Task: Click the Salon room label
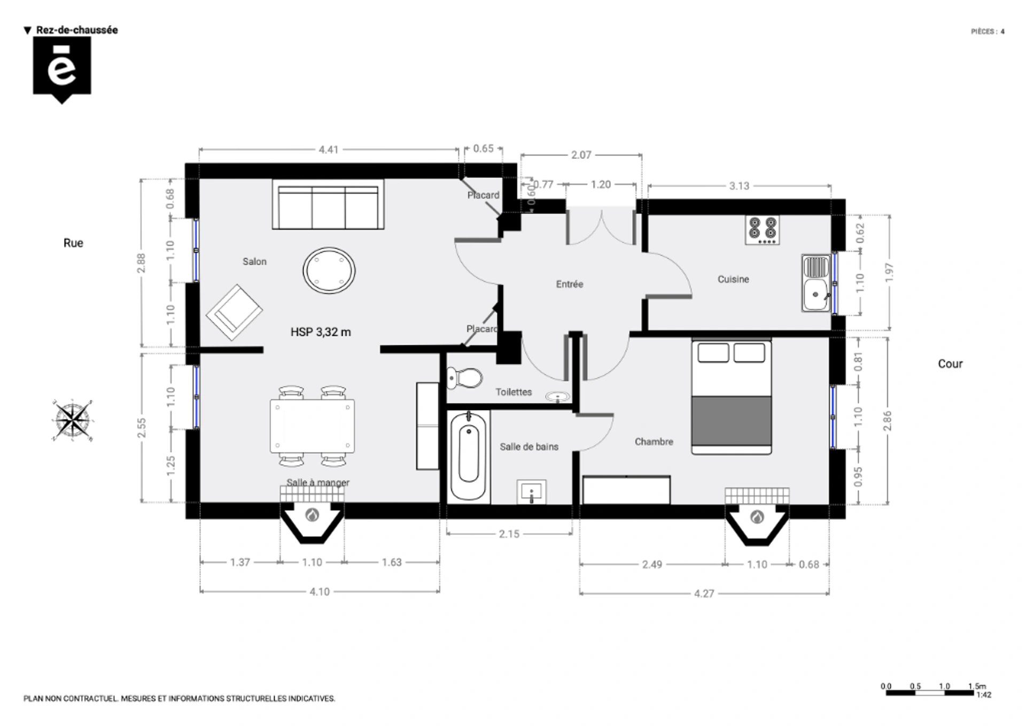tap(254, 261)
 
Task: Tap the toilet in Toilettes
tap(465, 378)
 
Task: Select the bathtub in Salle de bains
tap(468, 455)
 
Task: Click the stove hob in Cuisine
tap(762, 230)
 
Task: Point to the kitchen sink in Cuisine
tap(815, 283)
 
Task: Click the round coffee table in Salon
tap(329, 270)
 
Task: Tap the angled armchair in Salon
tap(234, 312)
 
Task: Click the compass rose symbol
tap(72, 420)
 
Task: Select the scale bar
tap(930, 693)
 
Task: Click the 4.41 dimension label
tap(329, 150)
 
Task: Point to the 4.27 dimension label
tap(704, 593)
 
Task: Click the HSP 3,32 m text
tap(321, 332)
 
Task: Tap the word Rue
tap(73, 243)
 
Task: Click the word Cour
tap(950, 364)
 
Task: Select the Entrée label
tap(569, 284)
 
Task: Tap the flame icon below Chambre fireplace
tap(757, 517)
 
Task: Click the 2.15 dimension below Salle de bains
tap(509, 534)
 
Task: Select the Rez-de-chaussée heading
tap(76, 30)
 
